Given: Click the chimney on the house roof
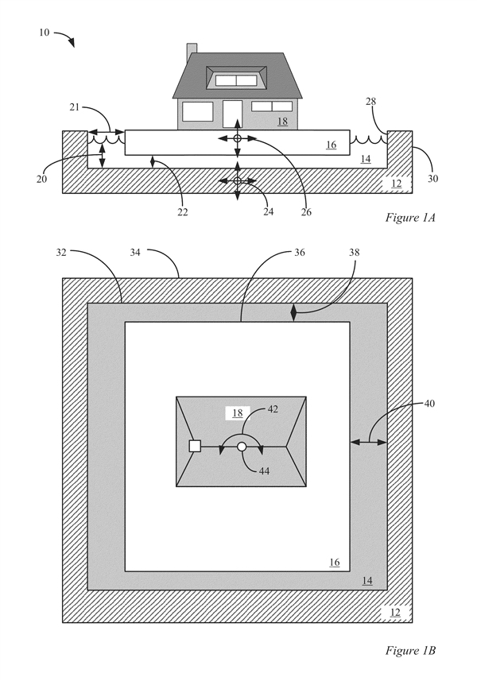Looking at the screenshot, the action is [x=192, y=48].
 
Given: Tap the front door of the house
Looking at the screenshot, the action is [x=232, y=114].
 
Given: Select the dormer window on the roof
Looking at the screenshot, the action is [x=236, y=78].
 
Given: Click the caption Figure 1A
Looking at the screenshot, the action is [x=410, y=217].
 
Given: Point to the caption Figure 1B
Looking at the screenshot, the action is [x=410, y=650].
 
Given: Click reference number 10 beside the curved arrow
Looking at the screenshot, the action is [x=45, y=32].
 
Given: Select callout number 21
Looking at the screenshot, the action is [x=75, y=106].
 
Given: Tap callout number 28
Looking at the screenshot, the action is [x=370, y=101].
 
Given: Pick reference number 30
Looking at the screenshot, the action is [x=432, y=179].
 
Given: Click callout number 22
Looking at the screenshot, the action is [x=183, y=212].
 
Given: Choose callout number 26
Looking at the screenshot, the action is [x=306, y=212].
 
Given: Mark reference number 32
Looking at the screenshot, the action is [x=61, y=253].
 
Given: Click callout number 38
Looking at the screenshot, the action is [x=355, y=253].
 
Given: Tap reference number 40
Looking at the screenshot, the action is [x=429, y=404].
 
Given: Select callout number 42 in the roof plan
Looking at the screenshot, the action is [x=273, y=409].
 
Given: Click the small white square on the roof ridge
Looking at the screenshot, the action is [x=195, y=446].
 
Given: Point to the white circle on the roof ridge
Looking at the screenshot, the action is [x=242, y=447].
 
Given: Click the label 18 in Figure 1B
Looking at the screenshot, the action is [x=238, y=412].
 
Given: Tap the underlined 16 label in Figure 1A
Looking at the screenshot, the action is [x=332, y=145].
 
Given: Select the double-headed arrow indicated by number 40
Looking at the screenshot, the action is [x=368, y=442].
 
